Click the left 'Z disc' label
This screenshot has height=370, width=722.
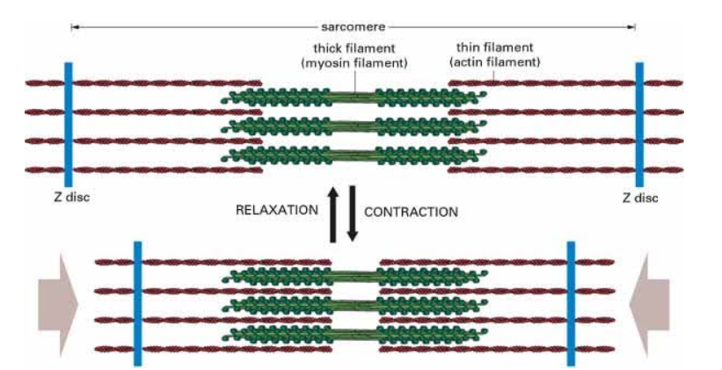point(69,197)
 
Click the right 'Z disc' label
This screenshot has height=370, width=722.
point(639,197)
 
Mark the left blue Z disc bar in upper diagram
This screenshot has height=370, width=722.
point(69,124)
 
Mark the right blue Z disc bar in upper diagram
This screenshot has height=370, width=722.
point(639,124)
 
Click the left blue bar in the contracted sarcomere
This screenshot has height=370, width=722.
point(137,301)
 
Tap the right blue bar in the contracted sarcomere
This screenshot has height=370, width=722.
point(571,301)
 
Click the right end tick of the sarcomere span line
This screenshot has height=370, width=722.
point(634,27)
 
